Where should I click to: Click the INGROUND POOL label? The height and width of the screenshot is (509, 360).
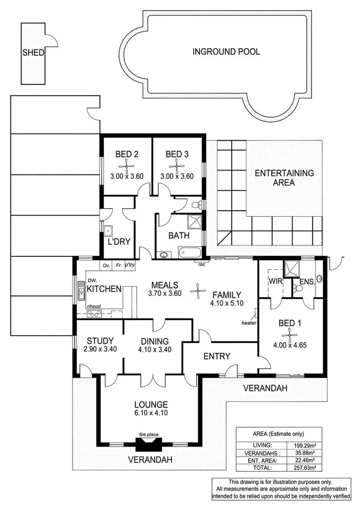226,52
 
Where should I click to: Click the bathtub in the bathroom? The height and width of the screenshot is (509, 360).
191,252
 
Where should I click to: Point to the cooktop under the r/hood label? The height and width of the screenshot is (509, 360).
94,314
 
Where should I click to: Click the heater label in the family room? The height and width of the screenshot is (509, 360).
249,323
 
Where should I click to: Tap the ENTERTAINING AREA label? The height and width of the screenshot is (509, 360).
284,178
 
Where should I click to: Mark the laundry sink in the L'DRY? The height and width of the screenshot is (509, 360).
108,230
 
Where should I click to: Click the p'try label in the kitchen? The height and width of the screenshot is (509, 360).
129,265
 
